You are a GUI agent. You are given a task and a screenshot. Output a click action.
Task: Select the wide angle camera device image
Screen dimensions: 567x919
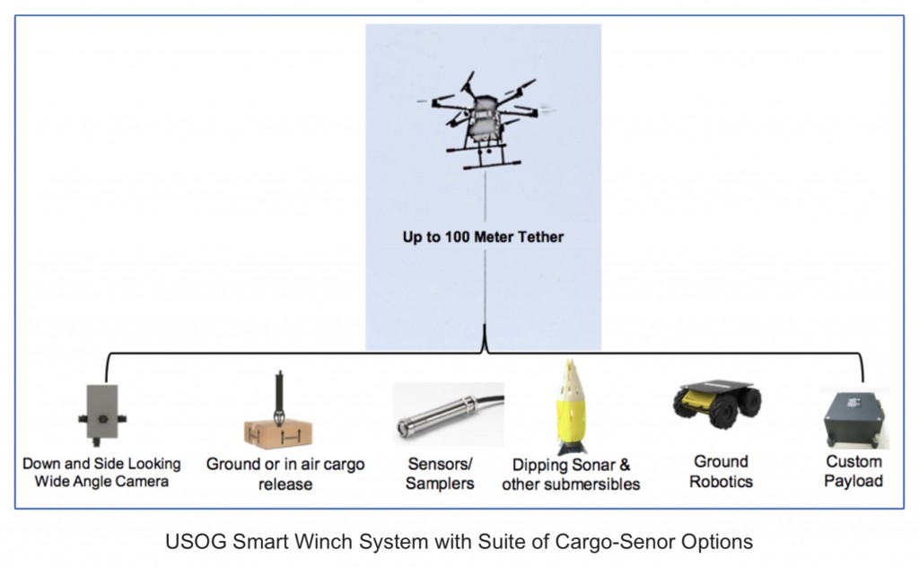(x=101, y=413)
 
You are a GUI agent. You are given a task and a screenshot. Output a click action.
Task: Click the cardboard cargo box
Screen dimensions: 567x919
(x=278, y=433)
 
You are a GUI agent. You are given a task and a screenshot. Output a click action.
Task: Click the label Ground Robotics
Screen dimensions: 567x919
(x=721, y=471)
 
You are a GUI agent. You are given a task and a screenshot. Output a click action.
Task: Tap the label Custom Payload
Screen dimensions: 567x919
(x=853, y=471)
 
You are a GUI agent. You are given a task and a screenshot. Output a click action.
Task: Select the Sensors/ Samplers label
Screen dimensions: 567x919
(x=440, y=474)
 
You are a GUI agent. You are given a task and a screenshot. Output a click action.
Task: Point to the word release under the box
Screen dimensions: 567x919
(x=285, y=484)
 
